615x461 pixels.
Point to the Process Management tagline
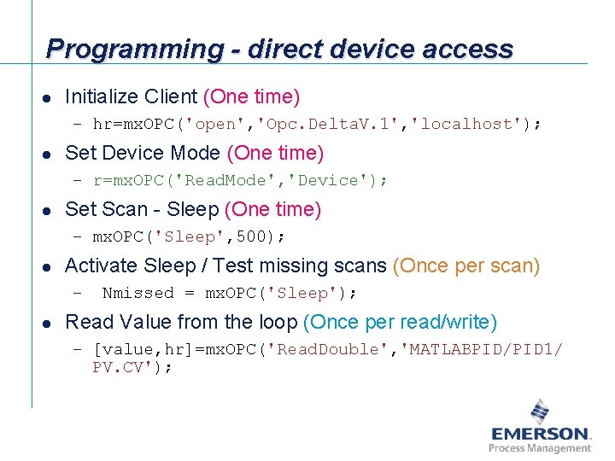pyautogui.click(x=540, y=448)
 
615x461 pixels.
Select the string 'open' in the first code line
pyautogui.click(x=217, y=124)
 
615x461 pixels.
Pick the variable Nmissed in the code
pyautogui.click(x=138, y=293)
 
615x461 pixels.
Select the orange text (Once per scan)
pyautogui.click(x=466, y=266)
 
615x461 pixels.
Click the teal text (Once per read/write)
pyautogui.click(x=400, y=322)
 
